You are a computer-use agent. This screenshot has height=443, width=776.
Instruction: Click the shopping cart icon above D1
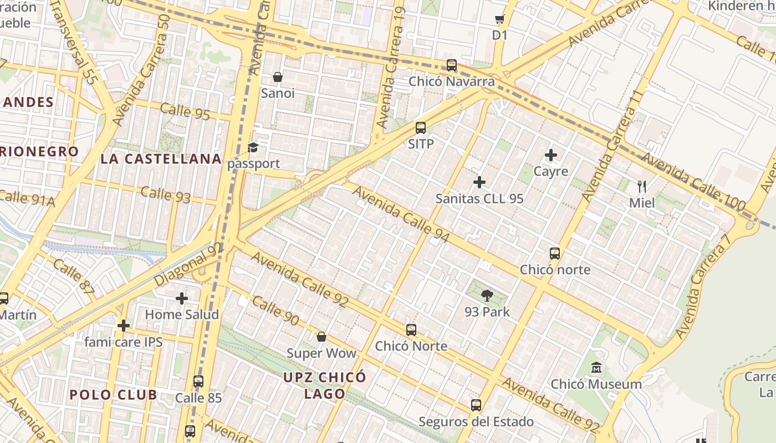click(499, 20)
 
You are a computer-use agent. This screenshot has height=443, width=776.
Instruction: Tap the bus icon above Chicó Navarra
click(452, 65)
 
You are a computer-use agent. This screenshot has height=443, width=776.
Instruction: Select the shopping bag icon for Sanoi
click(278, 77)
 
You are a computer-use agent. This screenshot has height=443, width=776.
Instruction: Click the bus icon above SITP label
click(421, 128)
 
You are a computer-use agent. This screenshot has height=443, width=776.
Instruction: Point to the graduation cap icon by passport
click(253, 147)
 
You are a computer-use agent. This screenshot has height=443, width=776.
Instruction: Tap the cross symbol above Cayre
click(551, 155)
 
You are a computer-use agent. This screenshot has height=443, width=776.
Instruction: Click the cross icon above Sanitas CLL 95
click(479, 182)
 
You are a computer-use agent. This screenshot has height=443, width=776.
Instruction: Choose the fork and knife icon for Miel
click(642, 186)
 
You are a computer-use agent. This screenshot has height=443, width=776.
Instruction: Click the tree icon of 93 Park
click(487, 295)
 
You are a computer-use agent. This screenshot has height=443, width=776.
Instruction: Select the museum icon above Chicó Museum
click(596, 368)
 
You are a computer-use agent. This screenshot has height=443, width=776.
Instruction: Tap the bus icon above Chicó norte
click(555, 254)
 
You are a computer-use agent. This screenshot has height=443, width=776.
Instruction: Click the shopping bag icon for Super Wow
click(321, 337)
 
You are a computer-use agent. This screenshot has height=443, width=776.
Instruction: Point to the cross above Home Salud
click(182, 298)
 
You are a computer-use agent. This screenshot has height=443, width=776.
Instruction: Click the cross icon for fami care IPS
click(124, 326)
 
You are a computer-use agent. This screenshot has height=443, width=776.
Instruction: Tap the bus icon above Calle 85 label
click(198, 382)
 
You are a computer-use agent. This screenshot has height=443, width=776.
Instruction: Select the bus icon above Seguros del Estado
click(476, 405)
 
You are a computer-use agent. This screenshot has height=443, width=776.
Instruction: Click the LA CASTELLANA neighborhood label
click(161, 159)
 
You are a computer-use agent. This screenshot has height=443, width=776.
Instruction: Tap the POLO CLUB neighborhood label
click(113, 395)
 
